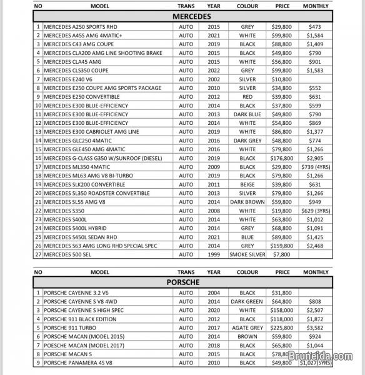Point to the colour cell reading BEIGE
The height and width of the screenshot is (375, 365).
[x=247, y=185]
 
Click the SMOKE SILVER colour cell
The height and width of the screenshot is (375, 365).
[x=247, y=255]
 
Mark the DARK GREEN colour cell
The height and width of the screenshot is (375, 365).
[x=247, y=301]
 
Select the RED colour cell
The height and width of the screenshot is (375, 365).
[x=247, y=97]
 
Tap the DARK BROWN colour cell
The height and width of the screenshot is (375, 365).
[x=247, y=202]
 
